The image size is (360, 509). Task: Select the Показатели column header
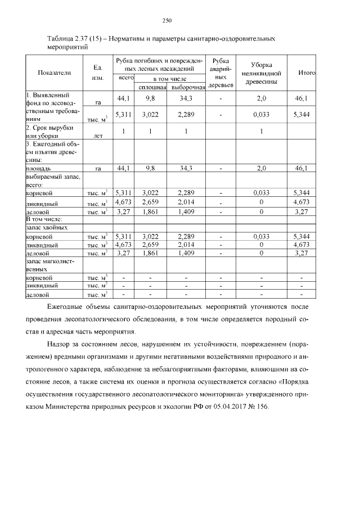pos(55,73)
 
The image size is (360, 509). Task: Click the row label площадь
pos(39,168)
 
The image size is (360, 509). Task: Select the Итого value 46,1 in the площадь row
pos(302,168)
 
